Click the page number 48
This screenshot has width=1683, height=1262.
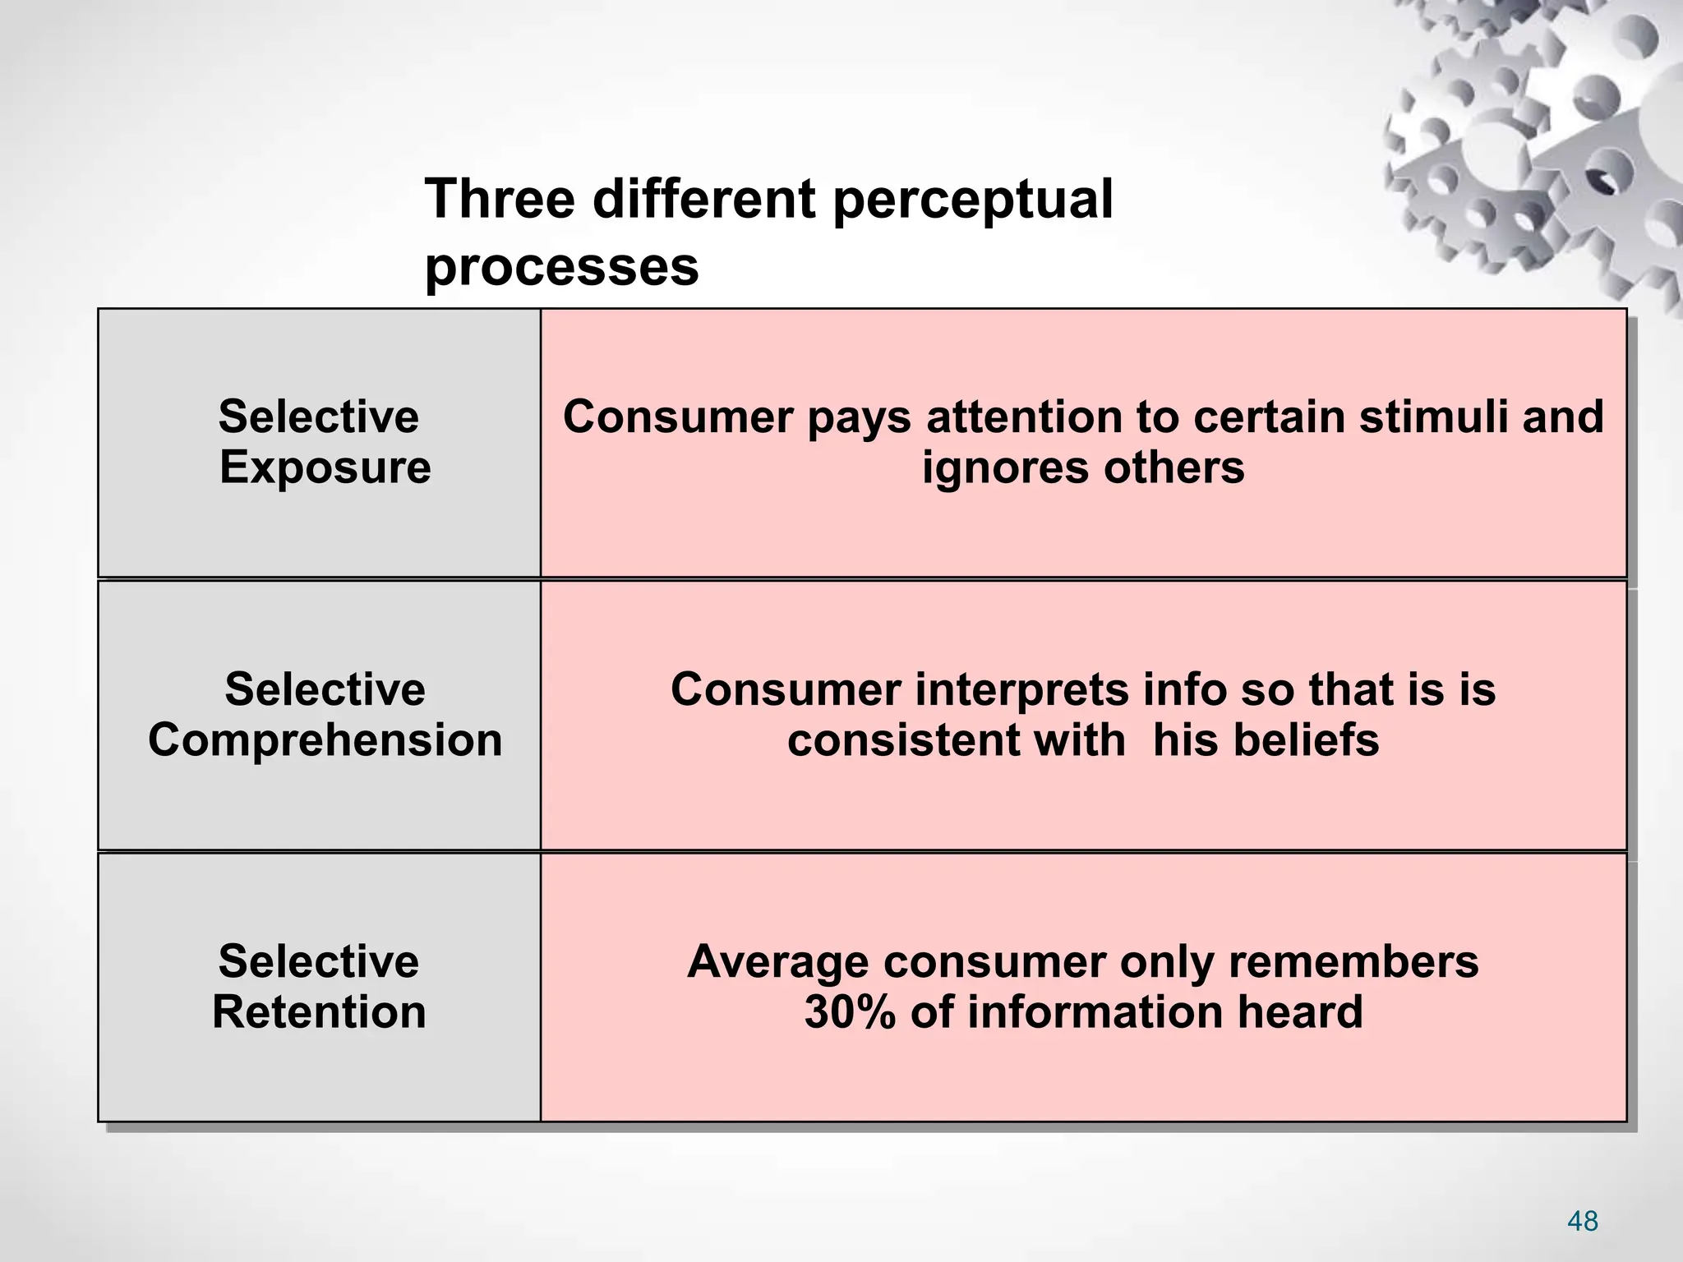[x=1582, y=1221]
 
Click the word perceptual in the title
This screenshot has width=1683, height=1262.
[x=972, y=200]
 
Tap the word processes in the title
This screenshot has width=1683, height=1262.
[x=561, y=267]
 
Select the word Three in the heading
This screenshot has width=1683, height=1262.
[x=500, y=199]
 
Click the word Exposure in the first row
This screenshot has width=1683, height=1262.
[x=325, y=467]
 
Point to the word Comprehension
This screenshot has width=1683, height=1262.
[x=325, y=739]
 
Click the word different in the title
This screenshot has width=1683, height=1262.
[x=704, y=199]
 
